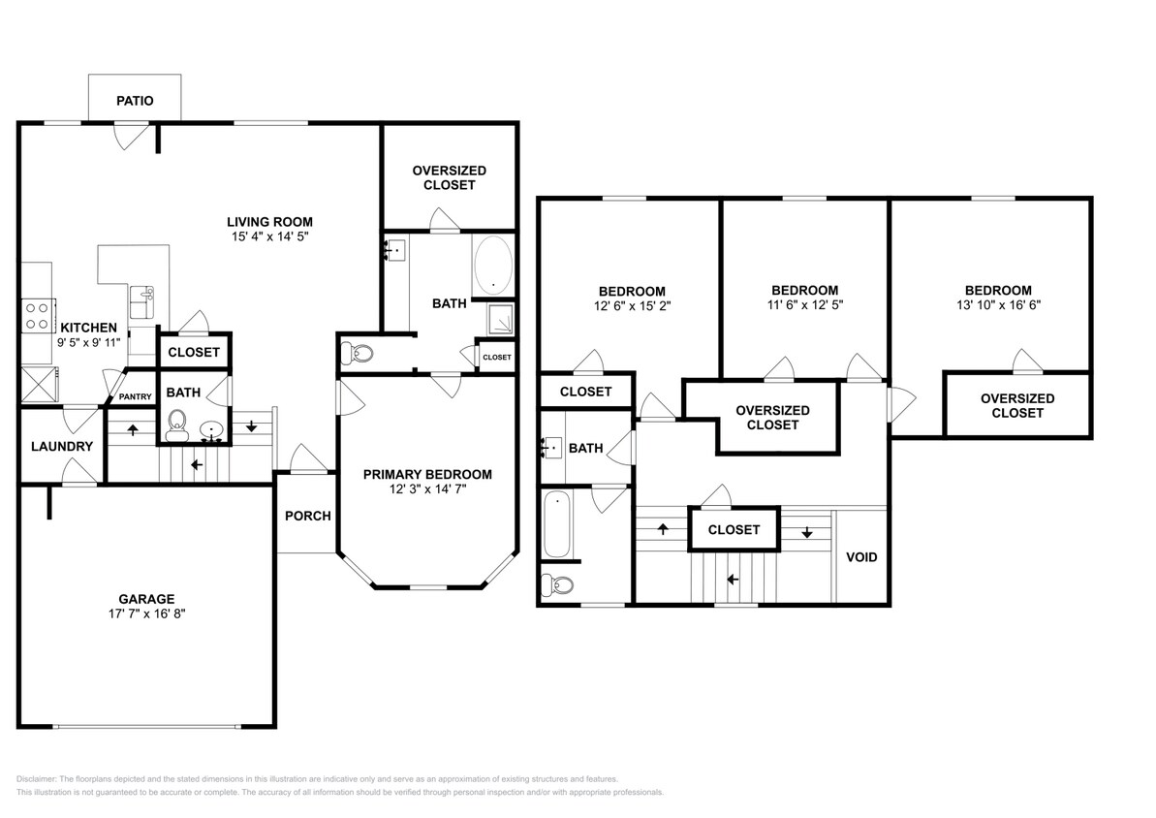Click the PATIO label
pyautogui.click(x=135, y=101)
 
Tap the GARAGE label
pyautogui.click(x=146, y=599)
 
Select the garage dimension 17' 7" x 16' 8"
pyautogui.click(x=146, y=613)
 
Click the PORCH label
pyautogui.click(x=307, y=516)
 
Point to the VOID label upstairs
pyautogui.click(x=861, y=557)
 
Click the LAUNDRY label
pyautogui.click(x=62, y=446)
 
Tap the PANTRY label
pyautogui.click(x=136, y=396)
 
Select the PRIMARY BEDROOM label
pyautogui.click(x=427, y=474)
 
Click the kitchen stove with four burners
pyautogui.click(x=38, y=316)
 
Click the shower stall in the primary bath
pyautogui.click(x=501, y=319)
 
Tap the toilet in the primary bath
pyautogui.click(x=357, y=354)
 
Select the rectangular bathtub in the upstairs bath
pyautogui.click(x=556, y=524)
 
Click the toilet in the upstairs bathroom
pyautogui.click(x=557, y=585)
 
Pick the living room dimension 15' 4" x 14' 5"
pyautogui.click(x=269, y=236)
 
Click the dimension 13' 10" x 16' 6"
pyautogui.click(x=998, y=304)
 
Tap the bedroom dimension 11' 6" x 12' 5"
pyautogui.click(x=805, y=304)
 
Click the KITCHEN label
pyautogui.click(x=88, y=328)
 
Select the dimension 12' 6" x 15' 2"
pyautogui.click(x=633, y=305)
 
